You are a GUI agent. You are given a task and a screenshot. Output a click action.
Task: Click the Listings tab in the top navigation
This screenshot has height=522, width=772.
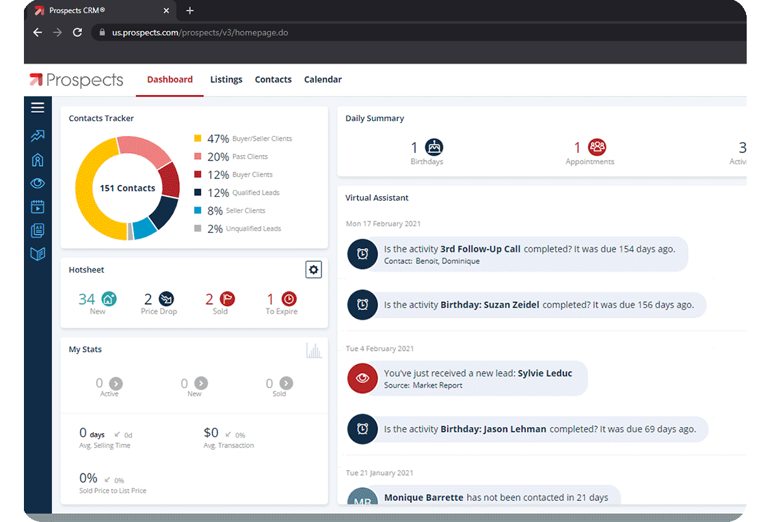tap(226, 80)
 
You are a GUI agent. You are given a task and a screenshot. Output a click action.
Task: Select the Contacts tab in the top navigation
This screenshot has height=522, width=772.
tap(274, 80)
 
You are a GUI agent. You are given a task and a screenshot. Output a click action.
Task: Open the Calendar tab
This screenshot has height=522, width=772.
tap(323, 80)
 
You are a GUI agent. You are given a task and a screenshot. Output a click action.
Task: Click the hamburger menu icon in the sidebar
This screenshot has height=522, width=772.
tap(38, 107)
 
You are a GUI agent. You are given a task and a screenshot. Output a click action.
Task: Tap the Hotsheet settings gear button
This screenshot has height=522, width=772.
tap(314, 270)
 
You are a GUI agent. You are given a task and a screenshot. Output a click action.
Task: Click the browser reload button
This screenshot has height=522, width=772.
tap(77, 33)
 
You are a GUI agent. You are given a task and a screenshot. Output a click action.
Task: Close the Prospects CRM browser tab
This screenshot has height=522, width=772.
tap(166, 10)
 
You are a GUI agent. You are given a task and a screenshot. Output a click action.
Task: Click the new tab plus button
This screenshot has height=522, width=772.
tap(190, 10)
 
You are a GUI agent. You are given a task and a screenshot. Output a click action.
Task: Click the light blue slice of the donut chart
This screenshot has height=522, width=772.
tap(144, 228)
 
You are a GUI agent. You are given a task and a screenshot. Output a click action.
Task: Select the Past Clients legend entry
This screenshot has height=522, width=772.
tap(231, 156)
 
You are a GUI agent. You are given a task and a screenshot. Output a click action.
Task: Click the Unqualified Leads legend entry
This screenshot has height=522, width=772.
tap(237, 229)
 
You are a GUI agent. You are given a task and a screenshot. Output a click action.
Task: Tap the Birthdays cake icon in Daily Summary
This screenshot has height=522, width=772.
tap(434, 147)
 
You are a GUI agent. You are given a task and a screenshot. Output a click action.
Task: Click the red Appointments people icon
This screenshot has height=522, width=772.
tap(597, 147)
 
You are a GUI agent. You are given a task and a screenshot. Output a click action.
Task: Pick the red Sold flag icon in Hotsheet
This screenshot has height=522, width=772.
tap(228, 299)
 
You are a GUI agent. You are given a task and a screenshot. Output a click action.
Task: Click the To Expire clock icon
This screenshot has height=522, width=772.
tap(289, 299)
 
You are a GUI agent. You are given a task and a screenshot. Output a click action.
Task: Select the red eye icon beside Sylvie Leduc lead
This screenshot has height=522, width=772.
tap(362, 378)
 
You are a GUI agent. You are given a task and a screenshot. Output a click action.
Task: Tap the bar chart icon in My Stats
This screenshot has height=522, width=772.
tap(314, 351)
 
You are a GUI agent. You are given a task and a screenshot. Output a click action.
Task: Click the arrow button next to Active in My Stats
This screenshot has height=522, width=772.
tap(116, 383)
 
